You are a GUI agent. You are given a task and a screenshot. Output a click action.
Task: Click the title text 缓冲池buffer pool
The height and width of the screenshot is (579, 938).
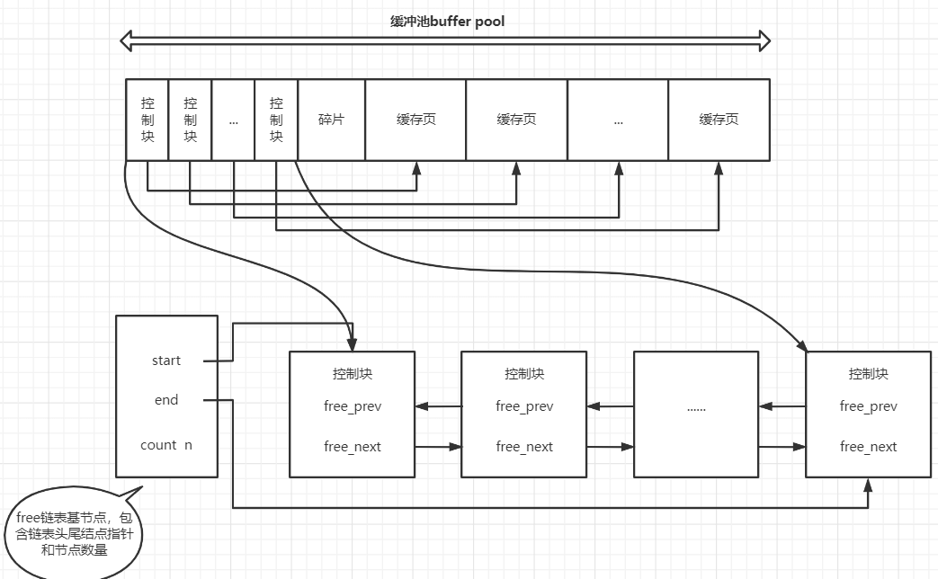pyautogui.click(x=447, y=21)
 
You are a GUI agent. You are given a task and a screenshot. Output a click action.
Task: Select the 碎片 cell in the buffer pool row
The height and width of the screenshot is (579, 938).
pyautogui.click(x=331, y=120)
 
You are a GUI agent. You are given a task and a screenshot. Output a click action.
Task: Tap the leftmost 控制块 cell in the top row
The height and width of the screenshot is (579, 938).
pyautogui.click(x=147, y=120)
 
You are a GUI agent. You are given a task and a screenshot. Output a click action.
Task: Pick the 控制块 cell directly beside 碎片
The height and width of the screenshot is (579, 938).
pyautogui.click(x=276, y=120)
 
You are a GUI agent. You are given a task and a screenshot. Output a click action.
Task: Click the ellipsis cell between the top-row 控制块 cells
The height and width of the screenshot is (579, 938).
pyautogui.click(x=234, y=120)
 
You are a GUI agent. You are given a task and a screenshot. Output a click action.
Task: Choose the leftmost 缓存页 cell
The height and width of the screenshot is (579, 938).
pyautogui.click(x=415, y=120)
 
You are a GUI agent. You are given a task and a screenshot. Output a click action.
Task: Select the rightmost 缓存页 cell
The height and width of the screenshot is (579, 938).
pyautogui.click(x=719, y=120)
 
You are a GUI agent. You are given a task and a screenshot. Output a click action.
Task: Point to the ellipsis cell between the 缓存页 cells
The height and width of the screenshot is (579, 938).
pyautogui.click(x=618, y=120)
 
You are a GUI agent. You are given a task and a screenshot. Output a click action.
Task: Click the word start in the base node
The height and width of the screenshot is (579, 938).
pyautogui.click(x=166, y=361)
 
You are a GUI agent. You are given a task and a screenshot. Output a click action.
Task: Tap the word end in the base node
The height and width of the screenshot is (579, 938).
pyautogui.click(x=166, y=400)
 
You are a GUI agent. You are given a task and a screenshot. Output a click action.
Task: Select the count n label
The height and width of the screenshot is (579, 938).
pyautogui.click(x=166, y=445)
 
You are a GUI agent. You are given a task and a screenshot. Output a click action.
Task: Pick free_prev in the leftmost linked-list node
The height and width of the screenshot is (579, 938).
pyautogui.click(x=353, y=406)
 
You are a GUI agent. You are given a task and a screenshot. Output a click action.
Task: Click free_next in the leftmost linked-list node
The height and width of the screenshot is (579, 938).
pyautogui.click(x=353, y=447)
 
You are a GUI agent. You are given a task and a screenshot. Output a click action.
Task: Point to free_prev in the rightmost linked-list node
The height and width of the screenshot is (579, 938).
pyautogui.click(x=869, y=406)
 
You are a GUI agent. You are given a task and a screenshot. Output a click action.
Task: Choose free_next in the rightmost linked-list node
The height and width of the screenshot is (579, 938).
pyautogui.click(x=869, y=447)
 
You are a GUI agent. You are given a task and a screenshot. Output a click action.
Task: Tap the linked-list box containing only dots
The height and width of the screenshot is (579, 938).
pyautogui.click(x=696, y=414)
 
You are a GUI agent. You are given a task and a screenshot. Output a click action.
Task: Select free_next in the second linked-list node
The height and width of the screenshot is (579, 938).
pyautogui.click(x=524, y=447)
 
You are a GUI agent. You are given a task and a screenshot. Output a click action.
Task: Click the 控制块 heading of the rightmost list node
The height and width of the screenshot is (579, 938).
pyautogui.click(x=869, y=373)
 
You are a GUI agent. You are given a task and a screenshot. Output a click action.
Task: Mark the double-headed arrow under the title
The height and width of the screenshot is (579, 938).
pyautogui.click(x=447, y=40)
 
